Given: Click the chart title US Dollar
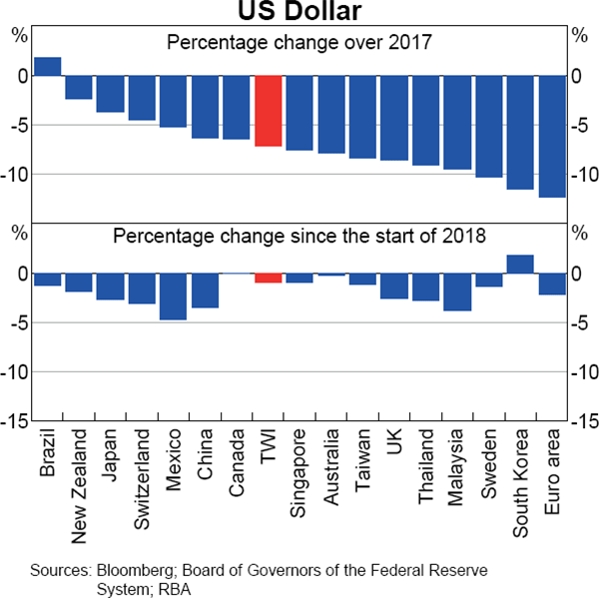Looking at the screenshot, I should (299, 12).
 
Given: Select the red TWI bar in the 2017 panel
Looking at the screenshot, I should (269, 111).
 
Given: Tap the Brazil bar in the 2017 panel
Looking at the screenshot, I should (48, 66).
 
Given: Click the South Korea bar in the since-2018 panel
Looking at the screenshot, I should (520, 265).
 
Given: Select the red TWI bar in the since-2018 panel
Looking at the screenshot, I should (269, 279).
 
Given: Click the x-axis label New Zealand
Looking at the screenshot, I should (80, 485).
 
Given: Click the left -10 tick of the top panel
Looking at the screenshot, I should (16, 174).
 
